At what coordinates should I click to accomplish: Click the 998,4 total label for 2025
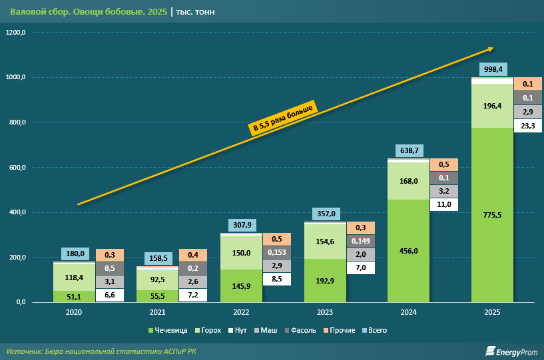(x=493, y=69)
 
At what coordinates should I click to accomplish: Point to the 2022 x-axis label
(x=242, y=311)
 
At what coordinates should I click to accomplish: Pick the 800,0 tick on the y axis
(x=17, y=122)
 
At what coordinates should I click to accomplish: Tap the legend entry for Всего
(x=372, y=330)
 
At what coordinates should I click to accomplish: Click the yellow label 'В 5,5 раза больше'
(x=283, y=118)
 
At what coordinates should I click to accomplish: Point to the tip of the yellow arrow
(x=493, y=48)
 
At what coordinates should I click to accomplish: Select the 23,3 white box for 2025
(x=527, y=126)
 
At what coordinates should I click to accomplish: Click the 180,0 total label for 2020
(x=75, y=254)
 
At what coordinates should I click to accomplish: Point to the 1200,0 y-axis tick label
(x=17, y=33)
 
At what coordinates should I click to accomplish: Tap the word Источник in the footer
(x=24, y=351)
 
